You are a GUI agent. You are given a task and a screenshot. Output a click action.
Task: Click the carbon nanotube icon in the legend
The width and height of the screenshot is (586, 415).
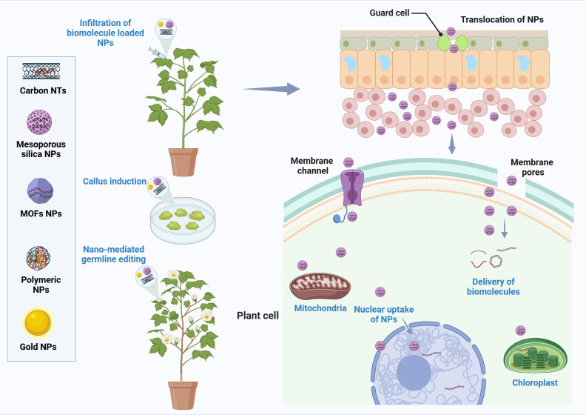(x=41, y=71)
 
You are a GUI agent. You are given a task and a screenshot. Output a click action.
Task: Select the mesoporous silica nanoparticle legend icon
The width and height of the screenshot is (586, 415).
(x=39, y=122)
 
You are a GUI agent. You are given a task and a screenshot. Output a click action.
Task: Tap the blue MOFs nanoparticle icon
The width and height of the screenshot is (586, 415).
(x=40, y=191)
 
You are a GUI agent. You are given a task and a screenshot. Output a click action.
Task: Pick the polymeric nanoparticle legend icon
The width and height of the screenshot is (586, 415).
(x=38, y=258)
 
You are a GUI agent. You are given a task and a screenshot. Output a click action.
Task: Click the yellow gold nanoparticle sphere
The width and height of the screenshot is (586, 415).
(x=38, y=323)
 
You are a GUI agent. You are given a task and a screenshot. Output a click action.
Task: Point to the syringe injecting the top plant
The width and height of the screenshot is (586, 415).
(x=158, y=53)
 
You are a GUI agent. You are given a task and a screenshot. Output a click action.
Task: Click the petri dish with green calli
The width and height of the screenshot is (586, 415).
(x=183, y=220)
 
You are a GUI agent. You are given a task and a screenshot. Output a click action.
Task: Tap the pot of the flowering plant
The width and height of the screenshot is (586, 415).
(x=183, y=395)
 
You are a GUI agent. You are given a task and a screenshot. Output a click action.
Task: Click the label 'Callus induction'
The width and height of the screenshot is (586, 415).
(x=115, y=182)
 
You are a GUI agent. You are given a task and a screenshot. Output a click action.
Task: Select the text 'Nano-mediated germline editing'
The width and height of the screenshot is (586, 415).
(x=114, y=254)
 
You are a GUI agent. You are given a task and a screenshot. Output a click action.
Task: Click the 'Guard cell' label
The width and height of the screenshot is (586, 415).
(x=389, y=13)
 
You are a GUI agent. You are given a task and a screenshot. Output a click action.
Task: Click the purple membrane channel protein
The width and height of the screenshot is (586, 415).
(x=353, y=187)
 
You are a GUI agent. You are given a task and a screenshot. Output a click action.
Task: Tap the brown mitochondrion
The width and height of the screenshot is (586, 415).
(x=320, y=286)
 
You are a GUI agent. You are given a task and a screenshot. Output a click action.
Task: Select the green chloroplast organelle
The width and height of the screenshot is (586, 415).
(x=535, y=356)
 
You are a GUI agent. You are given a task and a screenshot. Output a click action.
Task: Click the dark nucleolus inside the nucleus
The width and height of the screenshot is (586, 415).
(x=414, y=373)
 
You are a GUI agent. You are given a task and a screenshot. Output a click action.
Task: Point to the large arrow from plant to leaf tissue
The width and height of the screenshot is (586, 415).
(x=272, y=89)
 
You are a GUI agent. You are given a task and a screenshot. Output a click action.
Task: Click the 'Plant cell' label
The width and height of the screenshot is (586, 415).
(x=258, y=316)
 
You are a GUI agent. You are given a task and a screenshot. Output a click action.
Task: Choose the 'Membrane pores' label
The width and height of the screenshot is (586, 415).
(x=532, y=167)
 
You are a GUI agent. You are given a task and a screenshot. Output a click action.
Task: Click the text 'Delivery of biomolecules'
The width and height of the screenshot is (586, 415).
(x=494, y=287)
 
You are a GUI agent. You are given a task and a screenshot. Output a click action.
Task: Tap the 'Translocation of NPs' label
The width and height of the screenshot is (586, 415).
(x=502, y=19)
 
